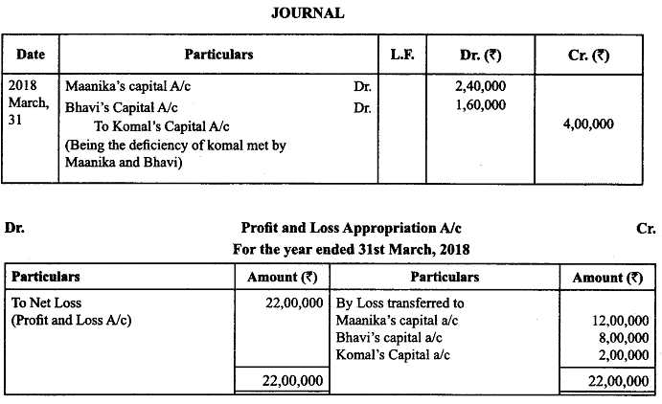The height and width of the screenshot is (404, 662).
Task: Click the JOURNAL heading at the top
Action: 308,13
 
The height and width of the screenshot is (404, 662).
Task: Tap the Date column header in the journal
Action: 32,55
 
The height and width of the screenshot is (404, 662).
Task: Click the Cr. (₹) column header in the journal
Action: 590,55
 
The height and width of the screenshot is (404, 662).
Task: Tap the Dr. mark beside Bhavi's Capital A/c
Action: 361,106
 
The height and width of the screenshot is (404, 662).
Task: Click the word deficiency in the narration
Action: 151,145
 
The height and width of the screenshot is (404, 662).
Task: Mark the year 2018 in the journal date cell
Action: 22,87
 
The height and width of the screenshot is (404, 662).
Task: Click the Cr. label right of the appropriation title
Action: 645,229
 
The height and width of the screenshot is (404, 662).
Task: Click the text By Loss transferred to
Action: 399,302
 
